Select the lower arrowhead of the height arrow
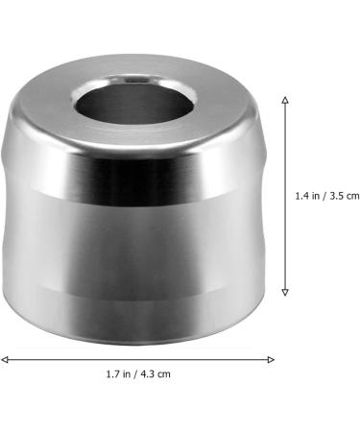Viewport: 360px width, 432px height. coord(285,294)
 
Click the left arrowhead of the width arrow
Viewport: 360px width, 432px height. coord(4,359)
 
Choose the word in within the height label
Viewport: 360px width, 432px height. coord(316,196)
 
